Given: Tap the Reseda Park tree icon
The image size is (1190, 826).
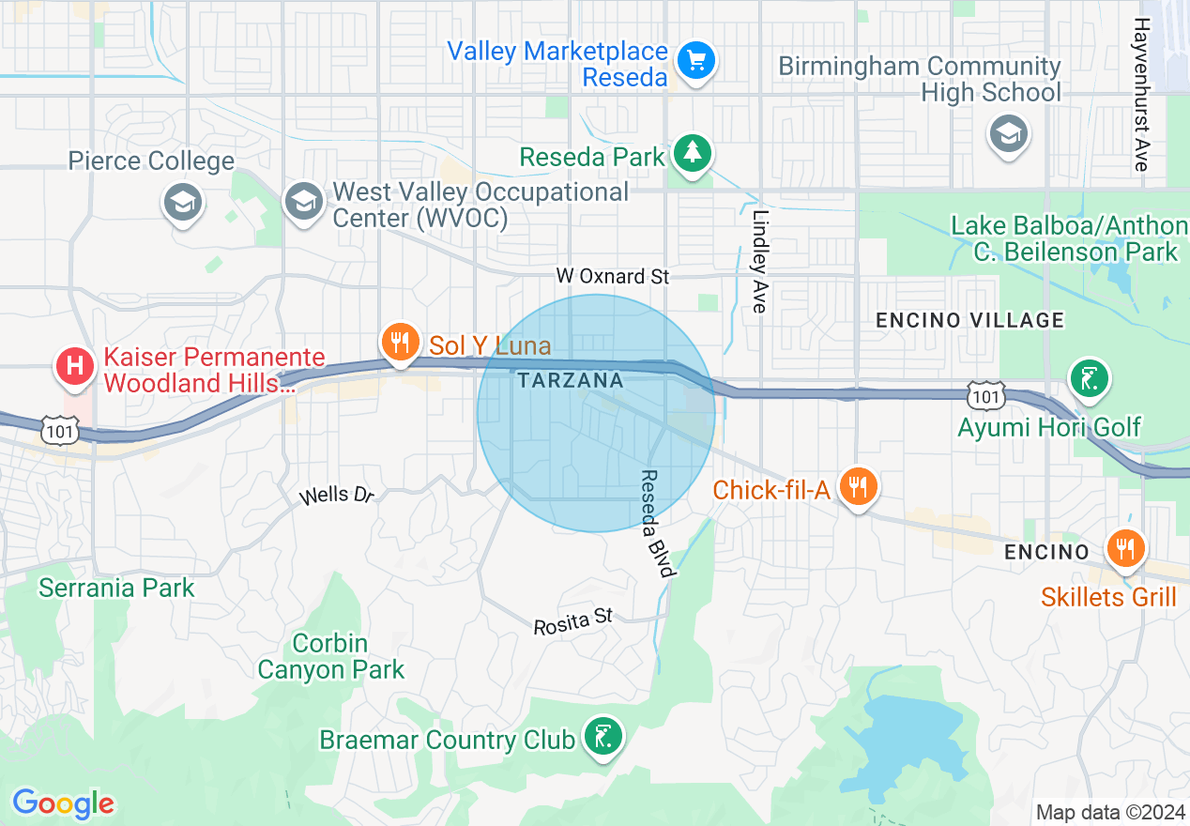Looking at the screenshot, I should [693, 153].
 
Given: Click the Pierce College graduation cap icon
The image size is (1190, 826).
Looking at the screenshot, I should [182, 202].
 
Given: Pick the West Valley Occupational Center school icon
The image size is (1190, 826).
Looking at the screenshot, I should [302, 202].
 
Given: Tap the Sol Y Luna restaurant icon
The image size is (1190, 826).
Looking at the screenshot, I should [401, 343].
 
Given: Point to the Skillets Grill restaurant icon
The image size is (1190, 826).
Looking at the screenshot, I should [1124, 549].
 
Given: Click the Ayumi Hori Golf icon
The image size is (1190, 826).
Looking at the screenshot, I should [1089, 379].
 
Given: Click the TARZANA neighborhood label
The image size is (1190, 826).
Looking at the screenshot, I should [570, 380].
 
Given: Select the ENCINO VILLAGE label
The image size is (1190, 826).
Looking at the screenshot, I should [969, 320].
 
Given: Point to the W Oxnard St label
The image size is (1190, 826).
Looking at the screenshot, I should [613, 276].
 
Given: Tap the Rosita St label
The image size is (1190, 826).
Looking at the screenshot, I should [572, 620].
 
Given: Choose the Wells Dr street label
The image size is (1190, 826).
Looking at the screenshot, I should [336, 495].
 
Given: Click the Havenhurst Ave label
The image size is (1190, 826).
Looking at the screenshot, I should [1141, 94].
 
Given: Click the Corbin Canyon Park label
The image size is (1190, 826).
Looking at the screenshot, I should [330, 656].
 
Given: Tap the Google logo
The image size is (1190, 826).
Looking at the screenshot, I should [63, 803].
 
